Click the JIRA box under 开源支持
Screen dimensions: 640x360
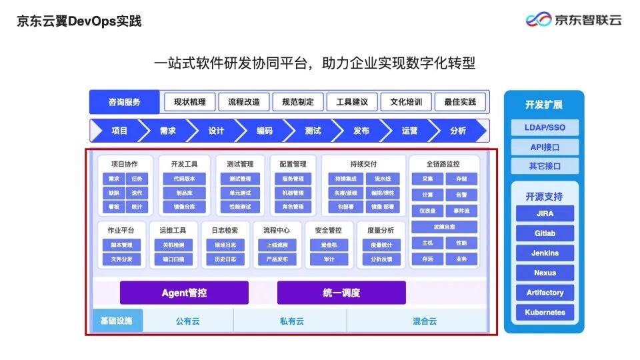click(545, 214)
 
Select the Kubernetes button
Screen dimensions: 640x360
click(545, 312)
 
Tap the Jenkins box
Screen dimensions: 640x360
click(545, 253)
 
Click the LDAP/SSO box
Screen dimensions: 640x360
click(545, 127)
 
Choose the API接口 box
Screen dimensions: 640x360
click(545, 147)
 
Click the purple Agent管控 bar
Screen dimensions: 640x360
click(184, 293)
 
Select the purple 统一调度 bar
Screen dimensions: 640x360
click(341, 293)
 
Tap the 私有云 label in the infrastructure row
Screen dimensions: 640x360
click(291, 321)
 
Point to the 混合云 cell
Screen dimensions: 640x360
click(425, 321)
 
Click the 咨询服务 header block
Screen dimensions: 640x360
click(125, 102)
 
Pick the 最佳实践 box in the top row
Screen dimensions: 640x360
click(460, 102)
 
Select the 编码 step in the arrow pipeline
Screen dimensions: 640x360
click(265, 131)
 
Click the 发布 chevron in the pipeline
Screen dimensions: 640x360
click(361, 131)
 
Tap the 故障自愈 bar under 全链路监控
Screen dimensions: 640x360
click(443, 227)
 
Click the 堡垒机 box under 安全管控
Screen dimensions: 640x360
click(329, 245)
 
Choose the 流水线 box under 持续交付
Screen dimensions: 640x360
click(383, 179)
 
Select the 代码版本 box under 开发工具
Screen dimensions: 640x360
click(185, 179)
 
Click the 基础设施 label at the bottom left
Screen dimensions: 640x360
click(117, 321)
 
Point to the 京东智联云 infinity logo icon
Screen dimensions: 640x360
click(539, 20)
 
